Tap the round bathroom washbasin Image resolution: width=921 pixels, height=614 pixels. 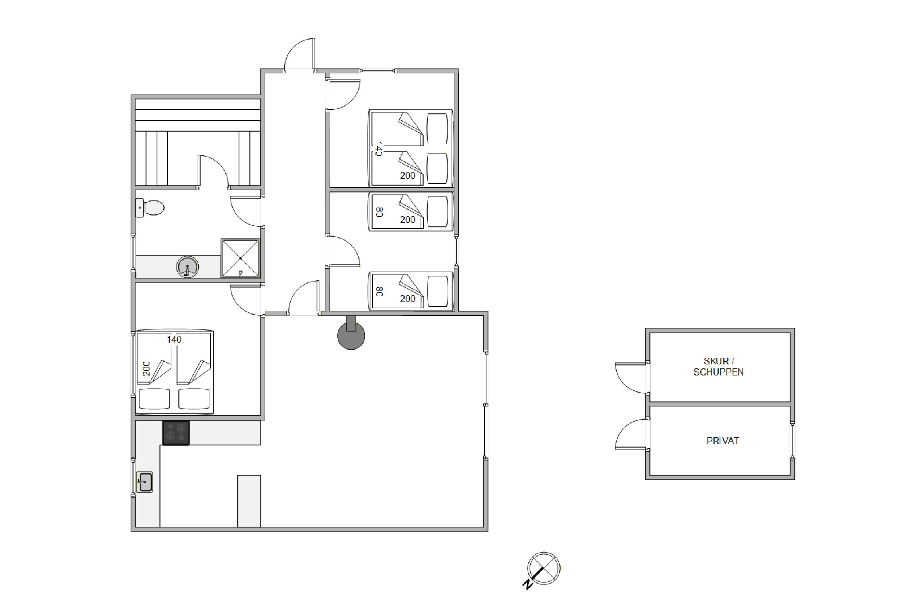tap(188, 267)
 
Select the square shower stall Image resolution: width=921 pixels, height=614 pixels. tap(240, 258)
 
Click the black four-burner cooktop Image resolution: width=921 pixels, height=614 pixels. tap(176, 433)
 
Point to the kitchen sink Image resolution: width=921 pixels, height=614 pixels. tap(144, 482)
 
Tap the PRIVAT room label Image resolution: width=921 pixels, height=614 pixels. tap(723, 441)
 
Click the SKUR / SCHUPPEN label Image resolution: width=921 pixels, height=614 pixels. tap(719, 367)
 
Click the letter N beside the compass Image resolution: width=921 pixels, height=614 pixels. tap(527, 585)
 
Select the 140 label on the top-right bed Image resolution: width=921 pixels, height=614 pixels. tap(378, 149)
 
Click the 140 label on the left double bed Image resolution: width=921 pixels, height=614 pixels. tap(174, 340)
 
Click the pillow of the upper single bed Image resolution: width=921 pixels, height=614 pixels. tap(437, 212)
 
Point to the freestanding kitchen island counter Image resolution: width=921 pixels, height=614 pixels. tap(249, 501)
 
